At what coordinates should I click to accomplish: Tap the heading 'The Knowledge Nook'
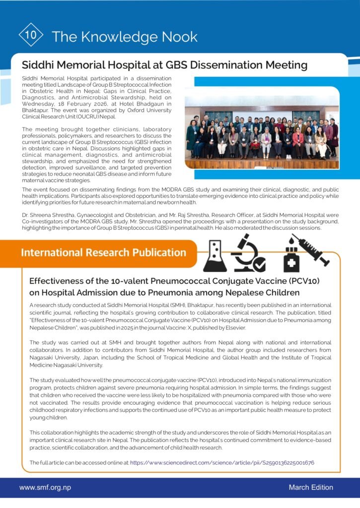pyautogui.click(x=124, y=37)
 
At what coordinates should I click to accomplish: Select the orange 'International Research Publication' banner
pyautogui.click(x=103, y=253)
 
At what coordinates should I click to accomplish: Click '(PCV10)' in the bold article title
pyautogui.click(x=301, y=281)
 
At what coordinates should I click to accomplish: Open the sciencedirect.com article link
pyautogui.click(x=222, y=462)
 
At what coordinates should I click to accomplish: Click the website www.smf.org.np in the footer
pyautogui.click(x=45, y=488)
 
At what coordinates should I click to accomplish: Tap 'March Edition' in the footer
pyautogui.click(x=311, y=488)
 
